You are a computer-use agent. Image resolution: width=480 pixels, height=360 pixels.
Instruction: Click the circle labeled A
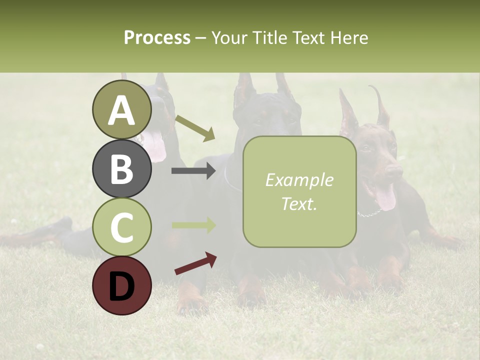(122, 110)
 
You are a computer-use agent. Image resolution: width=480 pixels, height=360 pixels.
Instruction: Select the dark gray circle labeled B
(122, 169)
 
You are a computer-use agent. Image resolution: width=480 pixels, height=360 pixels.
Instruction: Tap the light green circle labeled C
(122, 227)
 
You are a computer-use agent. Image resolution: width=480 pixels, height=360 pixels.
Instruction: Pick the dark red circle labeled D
(122, 286)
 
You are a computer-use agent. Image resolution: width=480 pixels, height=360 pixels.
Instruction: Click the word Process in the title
(157, 37)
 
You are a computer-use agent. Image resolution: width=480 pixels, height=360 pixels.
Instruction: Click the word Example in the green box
(299, 180)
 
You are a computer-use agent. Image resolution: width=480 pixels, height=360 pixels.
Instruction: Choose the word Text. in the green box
(299, 203)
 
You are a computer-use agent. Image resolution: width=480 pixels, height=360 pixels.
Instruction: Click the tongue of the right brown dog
(385, 197)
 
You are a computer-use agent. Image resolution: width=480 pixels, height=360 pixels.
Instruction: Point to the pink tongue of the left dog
(154, 146)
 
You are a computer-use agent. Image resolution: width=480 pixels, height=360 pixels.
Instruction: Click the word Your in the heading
(228, 37)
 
